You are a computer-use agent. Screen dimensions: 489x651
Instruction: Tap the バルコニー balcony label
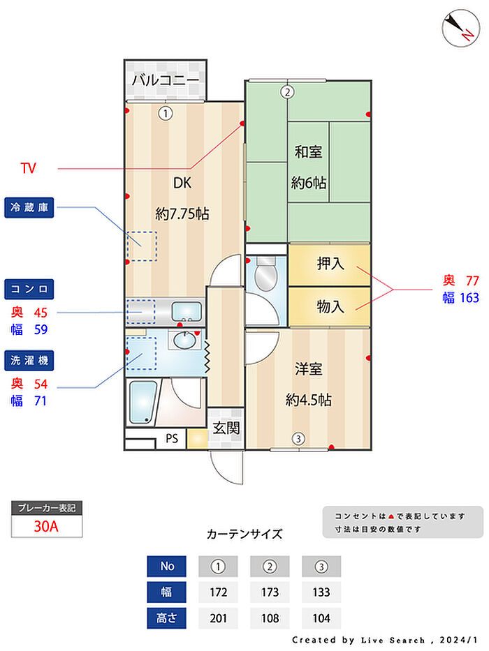click(x=166, y=80)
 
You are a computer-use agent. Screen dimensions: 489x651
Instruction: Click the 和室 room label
click(x=308, y=151)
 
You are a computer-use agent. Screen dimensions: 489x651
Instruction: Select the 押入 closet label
click(x=330, y=264)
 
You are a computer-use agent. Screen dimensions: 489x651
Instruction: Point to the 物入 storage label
click(x=330, y=306)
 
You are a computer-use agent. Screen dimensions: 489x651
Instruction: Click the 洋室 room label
click(x=308, y=368)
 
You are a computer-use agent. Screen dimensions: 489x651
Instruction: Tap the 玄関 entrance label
click(x=226, y=427)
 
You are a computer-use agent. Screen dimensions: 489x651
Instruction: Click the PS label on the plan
click(x=171, y=440)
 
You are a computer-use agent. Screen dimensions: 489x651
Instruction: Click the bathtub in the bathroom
click(x=144, y=403)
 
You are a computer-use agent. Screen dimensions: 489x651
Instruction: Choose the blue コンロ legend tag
click(x=29, y=289)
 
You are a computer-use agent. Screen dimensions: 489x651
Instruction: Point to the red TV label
click(x=28, y=168)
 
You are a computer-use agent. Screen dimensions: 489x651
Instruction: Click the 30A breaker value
click(x=47, y=527)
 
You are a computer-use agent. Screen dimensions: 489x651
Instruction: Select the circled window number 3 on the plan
click(x=298, y=439)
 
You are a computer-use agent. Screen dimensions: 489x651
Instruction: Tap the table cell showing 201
click(x=219, y=618)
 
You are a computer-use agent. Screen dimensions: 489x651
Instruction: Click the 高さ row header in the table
click(x=167, y=618)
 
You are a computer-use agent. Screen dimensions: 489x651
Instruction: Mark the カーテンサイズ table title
click(x=245, y=534)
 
